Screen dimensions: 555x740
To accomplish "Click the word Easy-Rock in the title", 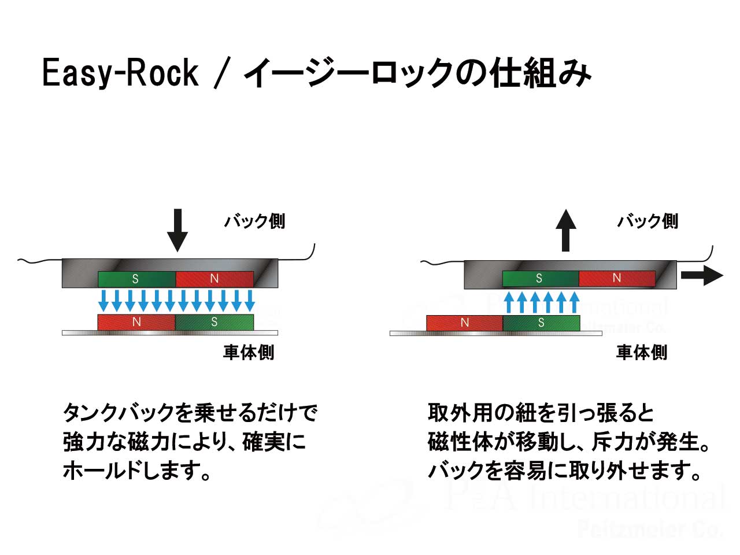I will (120, 73).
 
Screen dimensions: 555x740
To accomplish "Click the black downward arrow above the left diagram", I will (177, 230).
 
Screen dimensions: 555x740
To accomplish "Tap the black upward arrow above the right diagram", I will (565, 230).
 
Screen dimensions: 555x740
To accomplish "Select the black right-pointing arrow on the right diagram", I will (701, 276).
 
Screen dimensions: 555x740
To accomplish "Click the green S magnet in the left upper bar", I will (136, 279).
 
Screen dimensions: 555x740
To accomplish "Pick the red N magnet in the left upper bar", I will (214, 279).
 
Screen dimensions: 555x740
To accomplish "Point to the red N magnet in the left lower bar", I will (136, 322).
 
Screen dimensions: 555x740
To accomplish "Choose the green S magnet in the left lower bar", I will (214, 322).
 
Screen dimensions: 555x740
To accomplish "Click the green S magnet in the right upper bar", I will (540, 278).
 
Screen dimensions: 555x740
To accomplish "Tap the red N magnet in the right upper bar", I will (617, 278).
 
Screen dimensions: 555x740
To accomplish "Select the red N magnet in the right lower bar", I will (464, 323).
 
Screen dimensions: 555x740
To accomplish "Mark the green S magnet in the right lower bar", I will (541, 323).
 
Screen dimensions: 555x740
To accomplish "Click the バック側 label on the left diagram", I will (254, 221).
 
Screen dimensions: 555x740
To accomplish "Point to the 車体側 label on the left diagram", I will (249, 352).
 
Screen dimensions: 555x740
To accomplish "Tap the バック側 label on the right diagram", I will (647, 221).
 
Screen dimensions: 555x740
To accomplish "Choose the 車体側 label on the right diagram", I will (642, 352).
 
